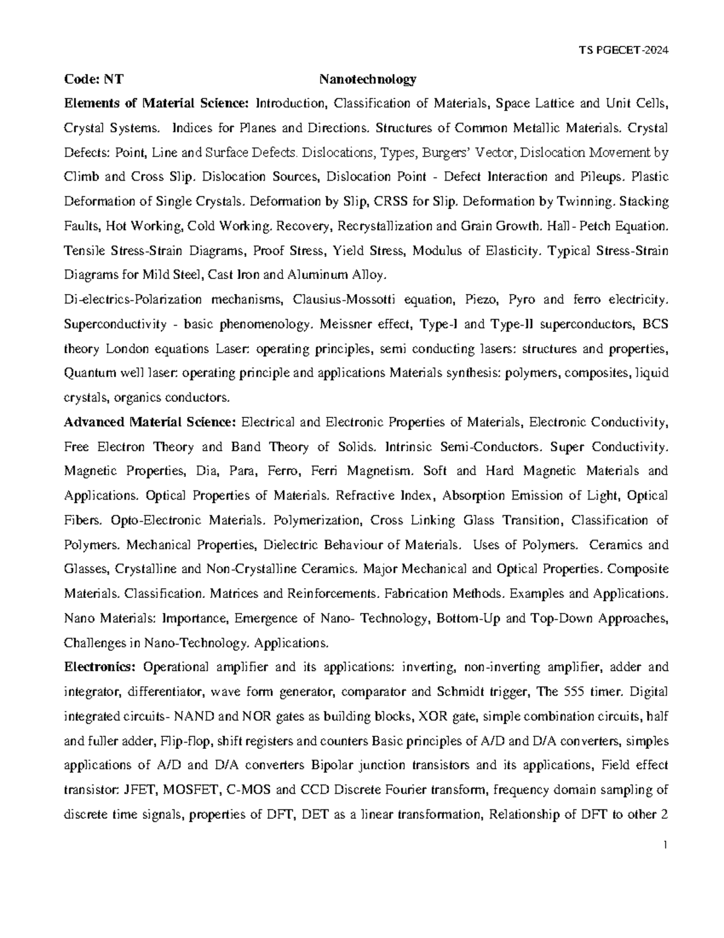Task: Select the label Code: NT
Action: pyautogui.click(x=93, y=79)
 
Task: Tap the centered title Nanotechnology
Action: pyautogui.click(x=367, y=79)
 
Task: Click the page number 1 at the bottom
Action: pyautogui.click(x=664, y=844)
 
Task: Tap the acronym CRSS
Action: pyautogui.click(x=395, y=202)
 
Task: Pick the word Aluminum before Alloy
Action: pyautogui.click(x=322, y=275)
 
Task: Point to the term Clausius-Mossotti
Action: pyautogui.click(x=335, y=300)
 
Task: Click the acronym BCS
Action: pyautogui.click(x=655, y=324)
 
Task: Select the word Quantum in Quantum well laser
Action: pyautogui.click(x=86, y=373)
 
